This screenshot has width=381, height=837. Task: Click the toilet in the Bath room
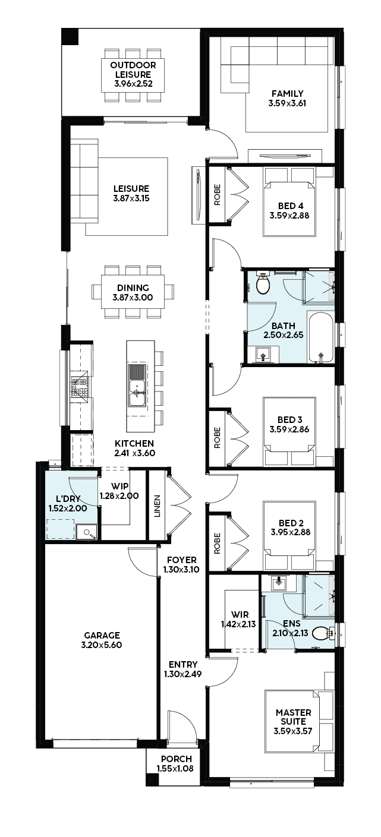click(263, 283)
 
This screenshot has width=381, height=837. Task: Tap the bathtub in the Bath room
click(320, 337)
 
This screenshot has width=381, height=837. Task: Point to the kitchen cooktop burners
click(81, 387)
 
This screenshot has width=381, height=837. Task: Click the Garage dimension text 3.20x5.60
click(101, 645)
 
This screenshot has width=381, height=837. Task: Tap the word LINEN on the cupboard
click(157, 506)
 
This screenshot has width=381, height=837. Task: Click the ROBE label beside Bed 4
click(217, 195)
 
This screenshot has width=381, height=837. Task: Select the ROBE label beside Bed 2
click(217, 543)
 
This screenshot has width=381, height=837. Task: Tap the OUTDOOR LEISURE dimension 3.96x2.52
click(134, 83)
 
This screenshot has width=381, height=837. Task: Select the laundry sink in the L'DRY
click(86, 532)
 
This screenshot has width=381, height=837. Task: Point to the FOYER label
click(182, 560)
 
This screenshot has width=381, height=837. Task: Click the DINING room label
click(133, 288)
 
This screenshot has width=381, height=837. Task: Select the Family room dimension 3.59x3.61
click(287, 103)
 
